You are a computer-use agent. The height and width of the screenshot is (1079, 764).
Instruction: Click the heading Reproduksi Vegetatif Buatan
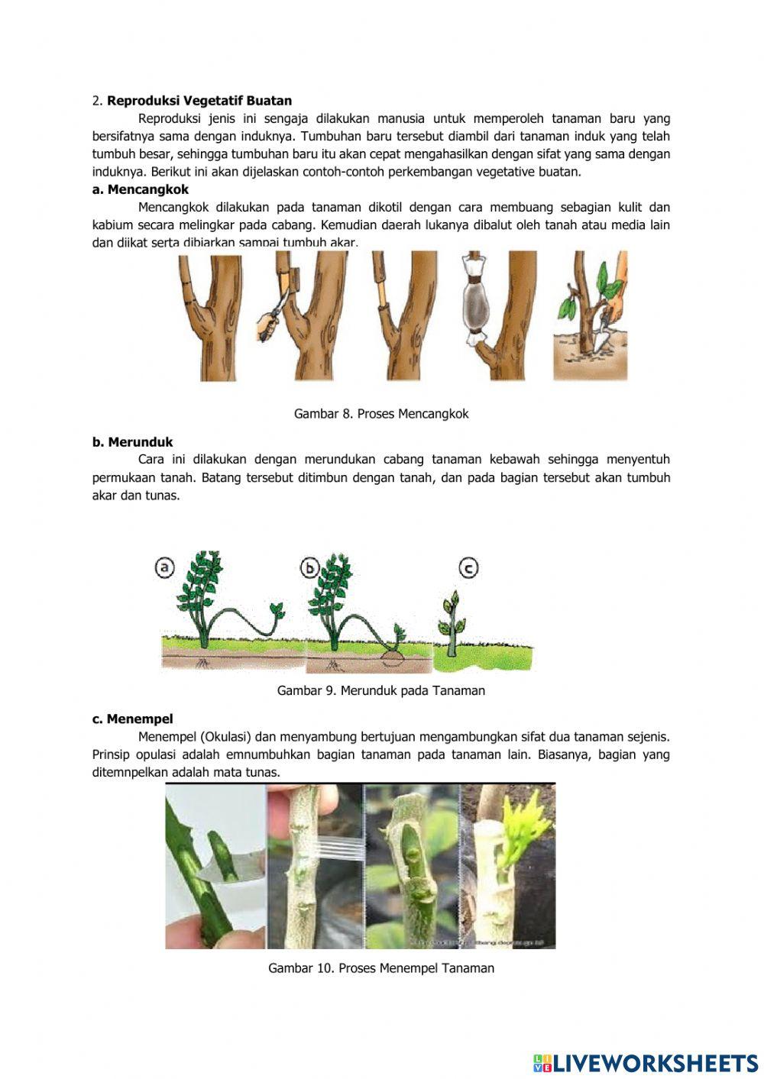[199, 101]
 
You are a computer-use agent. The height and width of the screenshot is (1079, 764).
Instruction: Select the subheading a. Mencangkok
[140, 189]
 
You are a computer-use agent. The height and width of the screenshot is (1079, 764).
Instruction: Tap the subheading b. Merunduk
[132, 442]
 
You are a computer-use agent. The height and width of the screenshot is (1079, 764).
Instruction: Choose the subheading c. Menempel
[132, 719]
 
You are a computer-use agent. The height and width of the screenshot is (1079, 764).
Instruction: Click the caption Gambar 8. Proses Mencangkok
[381, 414]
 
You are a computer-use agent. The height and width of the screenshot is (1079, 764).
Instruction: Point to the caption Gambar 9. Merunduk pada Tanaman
[380, 691]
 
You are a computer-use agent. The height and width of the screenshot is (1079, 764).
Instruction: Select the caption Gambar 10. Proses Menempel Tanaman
[380, 968]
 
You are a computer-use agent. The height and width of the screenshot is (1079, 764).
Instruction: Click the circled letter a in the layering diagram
[164, 568]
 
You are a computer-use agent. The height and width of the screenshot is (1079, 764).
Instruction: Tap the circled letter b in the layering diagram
[309, 568]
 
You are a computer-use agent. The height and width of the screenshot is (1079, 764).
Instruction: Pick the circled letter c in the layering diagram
[468, 568]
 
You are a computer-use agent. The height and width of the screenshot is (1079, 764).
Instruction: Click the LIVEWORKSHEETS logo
[645, 1063]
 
